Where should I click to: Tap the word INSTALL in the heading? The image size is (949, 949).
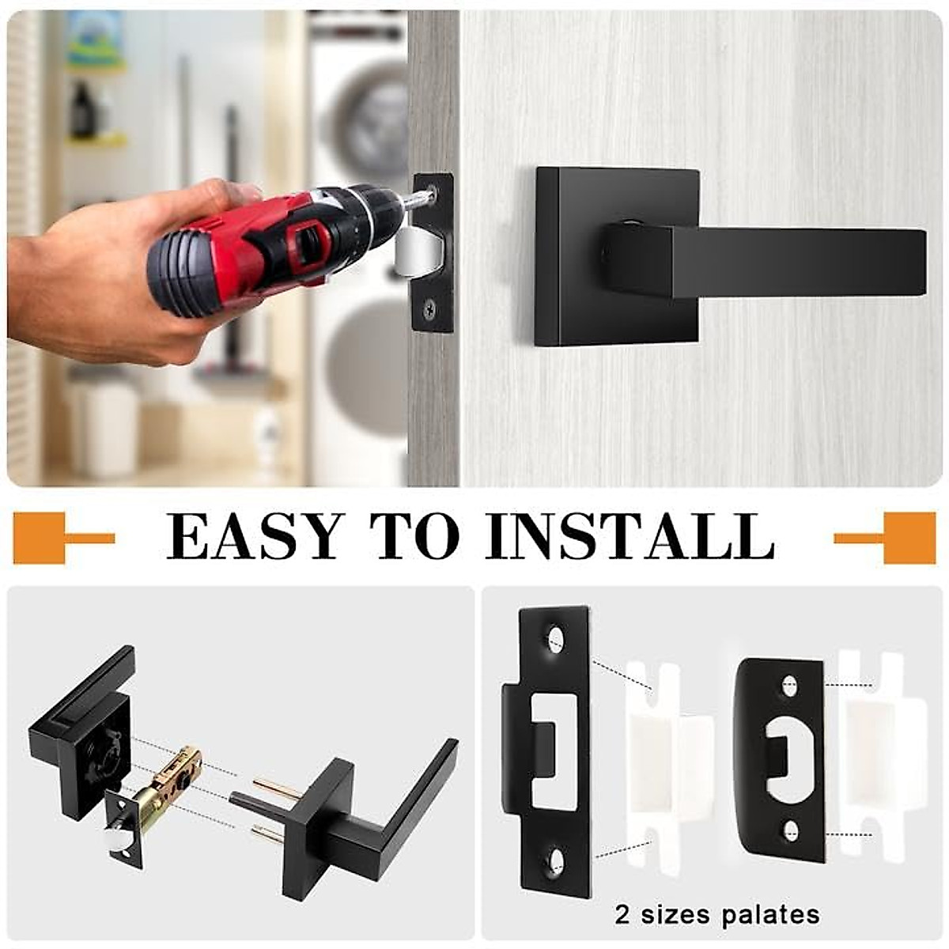pos(630,537)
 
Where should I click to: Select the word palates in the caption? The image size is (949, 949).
pos(770,915)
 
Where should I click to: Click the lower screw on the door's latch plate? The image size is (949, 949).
pos(429,310)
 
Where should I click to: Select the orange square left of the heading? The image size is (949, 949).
pos(39,538)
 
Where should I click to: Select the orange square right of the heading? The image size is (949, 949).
pos(909,538)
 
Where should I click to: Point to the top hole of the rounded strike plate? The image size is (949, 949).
pos(789,686)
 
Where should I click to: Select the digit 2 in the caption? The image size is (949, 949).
pos(623,915)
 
